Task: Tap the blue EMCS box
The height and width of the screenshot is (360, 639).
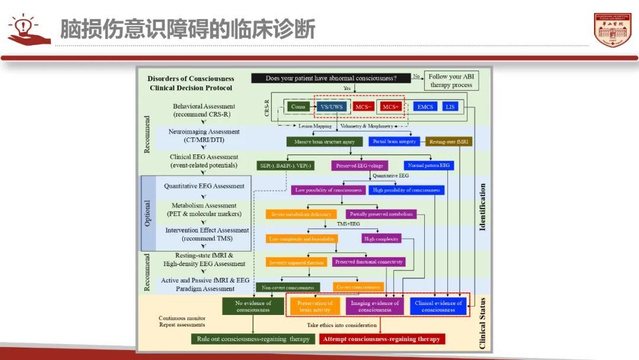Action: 425,107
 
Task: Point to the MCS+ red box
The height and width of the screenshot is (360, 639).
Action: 391,107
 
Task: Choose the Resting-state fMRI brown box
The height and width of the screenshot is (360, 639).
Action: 449,142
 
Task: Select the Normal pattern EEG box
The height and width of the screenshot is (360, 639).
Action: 429,166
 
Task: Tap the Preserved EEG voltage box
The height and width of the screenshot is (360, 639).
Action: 359,166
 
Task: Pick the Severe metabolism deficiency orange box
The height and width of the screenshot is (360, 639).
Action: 301,214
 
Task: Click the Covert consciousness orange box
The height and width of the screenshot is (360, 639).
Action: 358,287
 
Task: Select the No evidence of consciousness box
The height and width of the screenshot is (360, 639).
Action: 253,306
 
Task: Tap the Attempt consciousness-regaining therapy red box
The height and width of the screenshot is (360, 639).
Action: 382,339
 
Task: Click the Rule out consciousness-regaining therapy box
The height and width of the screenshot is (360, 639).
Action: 253,339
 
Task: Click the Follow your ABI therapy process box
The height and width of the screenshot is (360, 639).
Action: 451,81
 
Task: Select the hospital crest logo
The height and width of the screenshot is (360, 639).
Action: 612,30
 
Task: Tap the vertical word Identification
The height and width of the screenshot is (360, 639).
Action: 482,207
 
